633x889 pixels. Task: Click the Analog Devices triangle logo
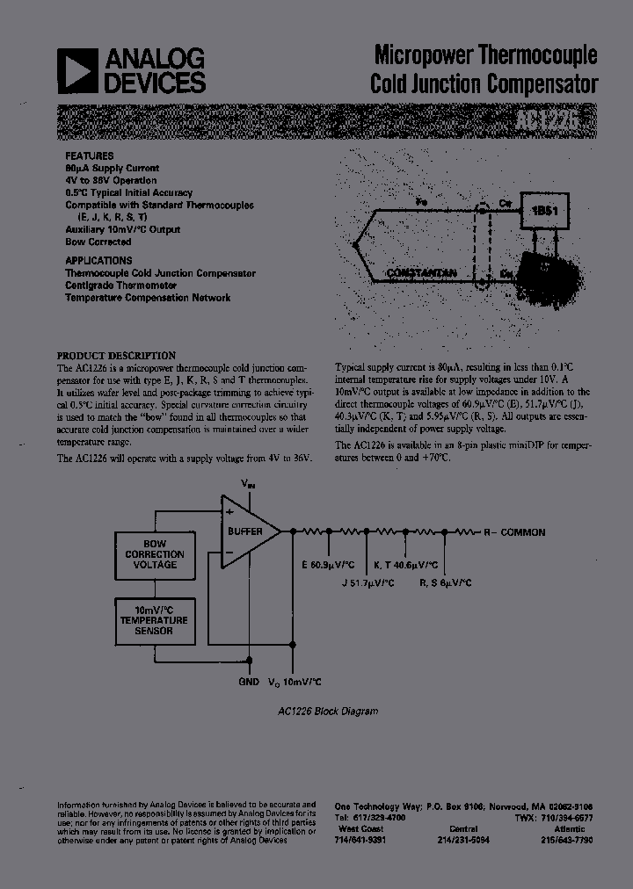(76, 70)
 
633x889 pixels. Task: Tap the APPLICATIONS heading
(98, 261)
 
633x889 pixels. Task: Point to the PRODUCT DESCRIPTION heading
(116, 356)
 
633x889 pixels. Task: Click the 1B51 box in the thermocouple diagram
(544, 211)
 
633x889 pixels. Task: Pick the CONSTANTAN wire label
(421, 273)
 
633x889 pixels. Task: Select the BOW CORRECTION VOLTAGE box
(154, 554)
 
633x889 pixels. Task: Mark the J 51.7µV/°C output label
(367, 582)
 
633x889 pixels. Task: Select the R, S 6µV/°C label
(446, 582)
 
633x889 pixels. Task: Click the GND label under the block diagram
(249, 682)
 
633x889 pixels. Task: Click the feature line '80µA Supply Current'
(112, 168)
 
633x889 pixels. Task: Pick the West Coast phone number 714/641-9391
(360, 840)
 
